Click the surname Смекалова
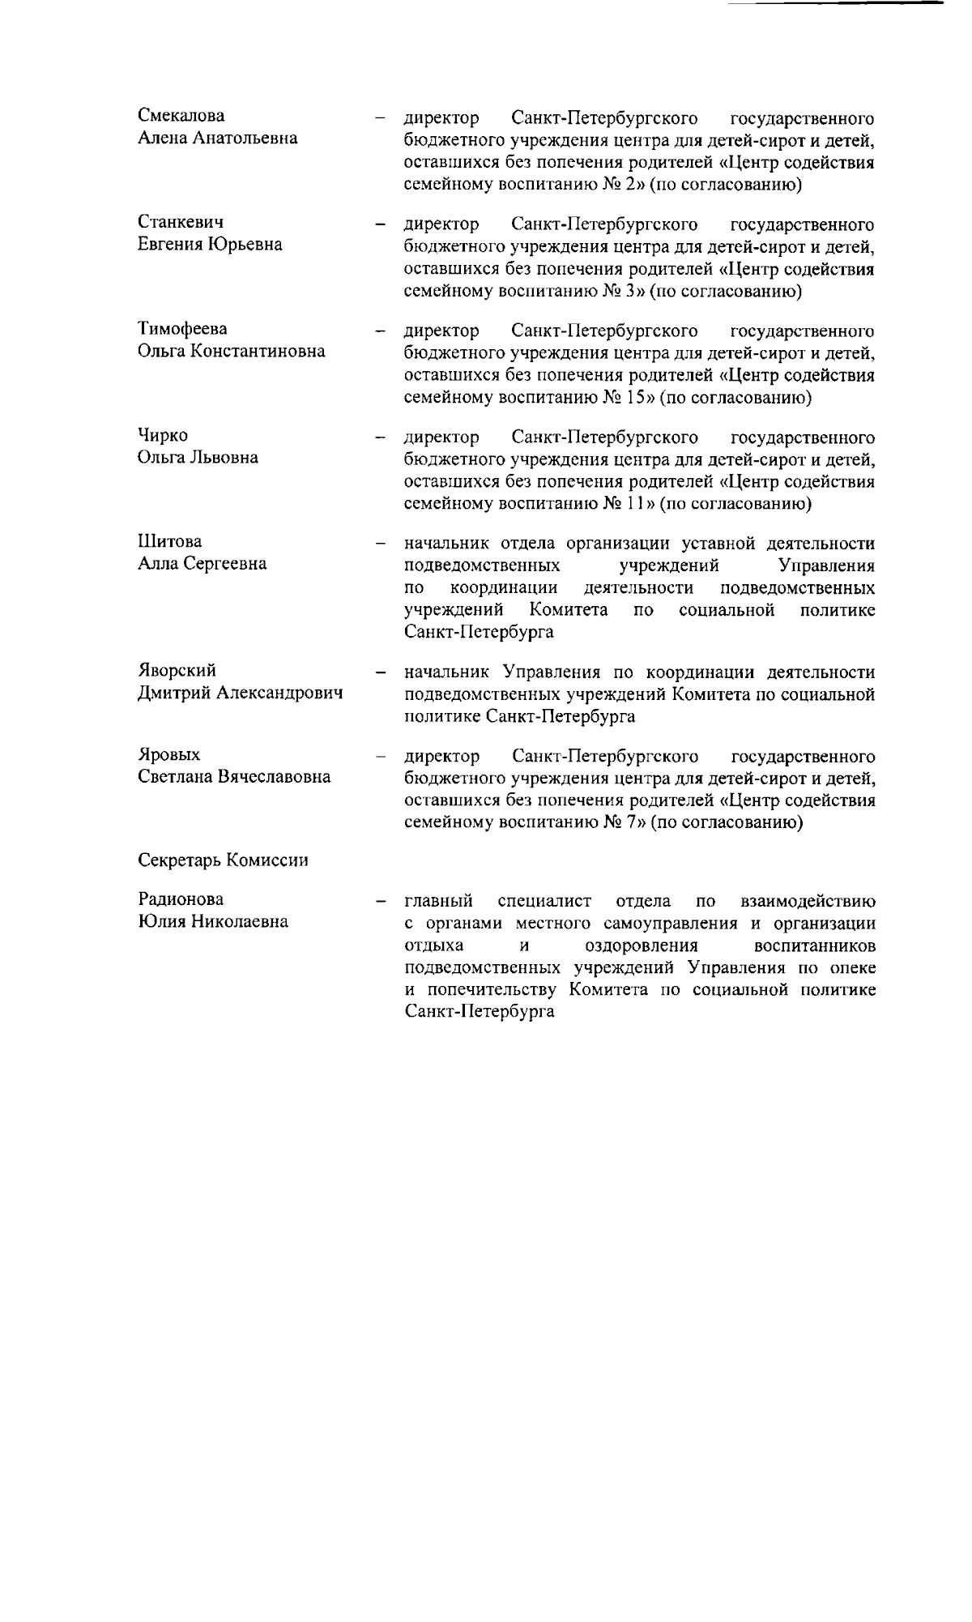(x=181, y=116)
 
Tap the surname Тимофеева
(x=182, y=329)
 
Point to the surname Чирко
(x=163, y=436)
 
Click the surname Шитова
(x=169, y=541)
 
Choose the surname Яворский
(x=177, y=671)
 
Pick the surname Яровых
(x=169, y=755)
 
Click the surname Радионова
(x=181, y=899)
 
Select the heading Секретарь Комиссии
(x=224, y=860)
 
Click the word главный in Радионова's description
(x=438, y=901)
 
